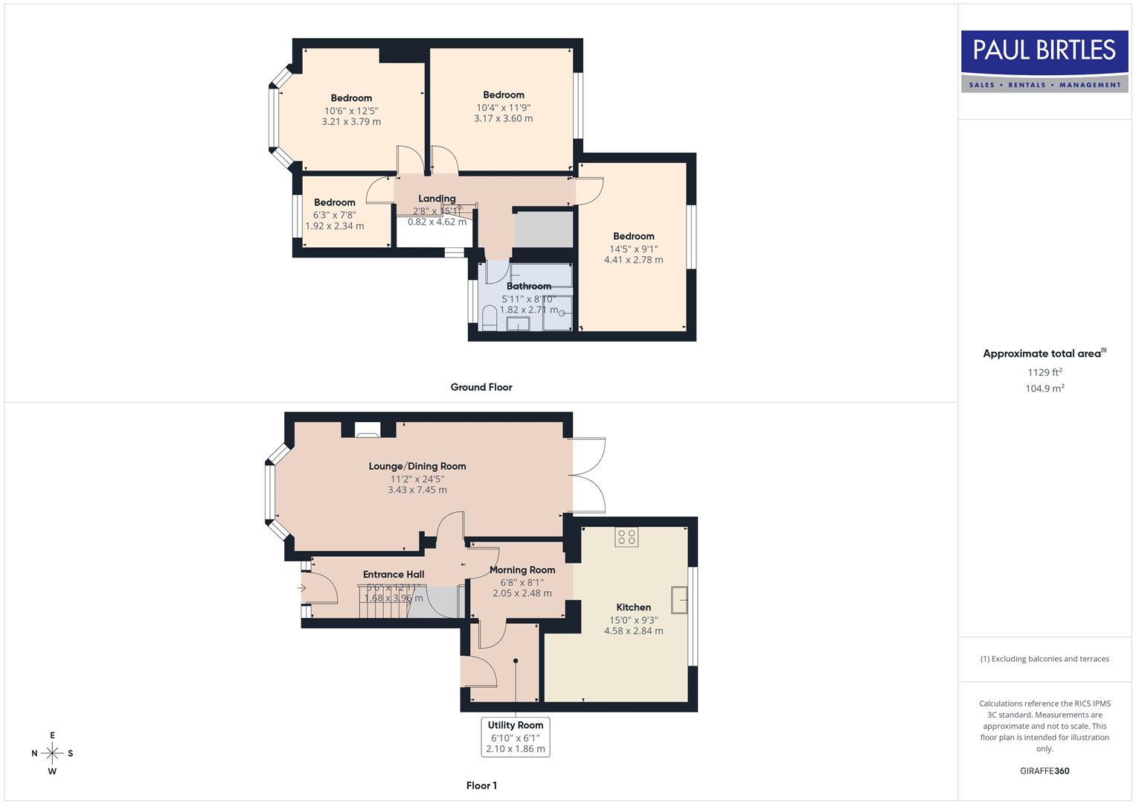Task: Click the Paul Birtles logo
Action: [1044, 61]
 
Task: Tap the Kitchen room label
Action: [633, 607]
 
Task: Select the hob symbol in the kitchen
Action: [626, 537]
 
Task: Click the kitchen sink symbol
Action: [679, 599]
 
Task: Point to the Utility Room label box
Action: [516, 736]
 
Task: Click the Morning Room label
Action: [522, 570]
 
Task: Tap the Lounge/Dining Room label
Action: [417, 467]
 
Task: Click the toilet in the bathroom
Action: [490, 319]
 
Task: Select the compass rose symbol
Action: [52, 753]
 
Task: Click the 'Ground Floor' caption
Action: [481, 387]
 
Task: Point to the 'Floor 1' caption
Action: [481, 785]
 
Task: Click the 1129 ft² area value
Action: [1044, 372]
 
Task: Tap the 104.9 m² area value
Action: [1044, 389]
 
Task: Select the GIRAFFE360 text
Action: [1044, 771]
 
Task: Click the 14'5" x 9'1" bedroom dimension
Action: [634, 249]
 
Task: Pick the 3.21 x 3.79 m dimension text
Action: [351, 122]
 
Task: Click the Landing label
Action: [437, 199]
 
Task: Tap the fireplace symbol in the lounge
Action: [367, 429]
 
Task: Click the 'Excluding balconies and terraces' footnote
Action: [1044, 659]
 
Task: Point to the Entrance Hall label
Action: [394, 575]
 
